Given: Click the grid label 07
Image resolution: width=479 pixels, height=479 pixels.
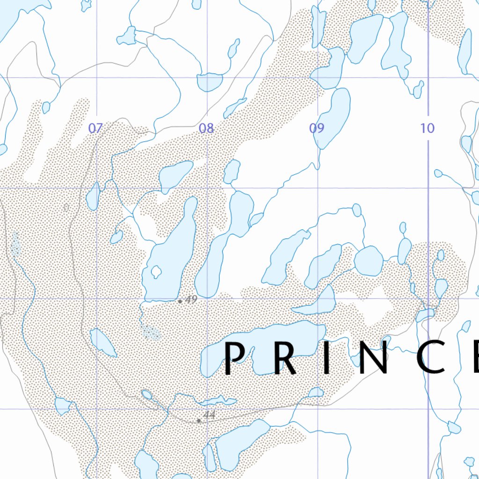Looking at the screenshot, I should click(95, 128).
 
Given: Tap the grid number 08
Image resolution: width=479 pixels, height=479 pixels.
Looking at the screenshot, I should click(206, 128).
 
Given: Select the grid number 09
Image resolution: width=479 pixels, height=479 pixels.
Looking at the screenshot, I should click(317, 128).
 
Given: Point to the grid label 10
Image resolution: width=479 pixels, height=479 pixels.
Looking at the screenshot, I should click(428, 128).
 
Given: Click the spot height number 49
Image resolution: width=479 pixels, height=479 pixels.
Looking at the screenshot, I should click(191, 300).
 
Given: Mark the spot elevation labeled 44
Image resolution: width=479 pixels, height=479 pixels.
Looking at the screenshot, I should click(209, 414).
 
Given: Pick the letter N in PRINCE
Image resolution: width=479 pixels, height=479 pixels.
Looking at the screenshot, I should click(370, 359).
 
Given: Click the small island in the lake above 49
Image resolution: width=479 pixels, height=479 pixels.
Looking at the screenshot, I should click(156, 271).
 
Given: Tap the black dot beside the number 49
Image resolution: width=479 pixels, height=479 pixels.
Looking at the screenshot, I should click(180, 301).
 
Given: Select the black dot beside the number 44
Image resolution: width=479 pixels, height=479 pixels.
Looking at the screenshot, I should click(199, 421).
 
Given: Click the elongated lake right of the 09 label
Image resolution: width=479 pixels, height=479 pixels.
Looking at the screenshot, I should click(334, 117).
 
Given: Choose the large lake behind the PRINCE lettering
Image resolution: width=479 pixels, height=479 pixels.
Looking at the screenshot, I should click(262, 346).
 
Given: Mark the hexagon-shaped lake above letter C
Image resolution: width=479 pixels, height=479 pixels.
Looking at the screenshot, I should click(369, 261).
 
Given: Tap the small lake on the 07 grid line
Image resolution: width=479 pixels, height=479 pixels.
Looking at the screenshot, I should click(93, 197).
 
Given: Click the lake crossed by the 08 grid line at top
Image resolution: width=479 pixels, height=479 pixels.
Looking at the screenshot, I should click(209, 82).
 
